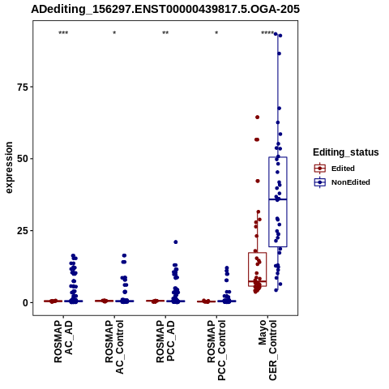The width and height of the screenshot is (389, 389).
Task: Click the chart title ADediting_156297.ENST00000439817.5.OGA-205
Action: tap(165, 10)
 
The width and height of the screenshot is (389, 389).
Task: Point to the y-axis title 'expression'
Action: tap(9, 168)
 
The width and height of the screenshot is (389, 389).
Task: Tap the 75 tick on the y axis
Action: tap(23, 87)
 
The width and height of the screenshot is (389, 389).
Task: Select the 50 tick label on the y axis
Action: tap(23, 159)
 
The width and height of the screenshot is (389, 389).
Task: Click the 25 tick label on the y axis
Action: tap(23, 231)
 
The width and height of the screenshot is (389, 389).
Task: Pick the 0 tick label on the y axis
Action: tap(26, 303)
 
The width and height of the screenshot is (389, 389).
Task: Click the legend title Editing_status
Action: tap(346, 152)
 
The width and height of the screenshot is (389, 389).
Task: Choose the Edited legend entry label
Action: tap(343, 169)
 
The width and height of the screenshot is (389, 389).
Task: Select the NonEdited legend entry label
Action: tap(351, 182)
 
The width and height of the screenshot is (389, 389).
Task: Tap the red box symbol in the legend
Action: tap(320, 169)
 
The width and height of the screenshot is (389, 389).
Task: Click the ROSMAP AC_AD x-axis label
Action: tap(63, 341)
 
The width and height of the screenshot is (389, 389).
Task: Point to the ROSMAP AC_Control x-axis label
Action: tap(114, 347)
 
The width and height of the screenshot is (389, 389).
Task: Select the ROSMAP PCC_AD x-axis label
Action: tap(165, 341)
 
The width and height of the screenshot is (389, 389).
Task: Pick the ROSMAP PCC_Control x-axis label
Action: tap(216, 350)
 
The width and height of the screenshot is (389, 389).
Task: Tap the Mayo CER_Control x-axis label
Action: tap(267, 350)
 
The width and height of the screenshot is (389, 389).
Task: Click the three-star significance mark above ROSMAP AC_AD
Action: tap(63, 33)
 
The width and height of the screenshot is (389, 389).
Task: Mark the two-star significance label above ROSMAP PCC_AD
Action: tap(165, 33)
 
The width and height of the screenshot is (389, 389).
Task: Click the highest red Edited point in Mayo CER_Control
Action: tap(258, 118)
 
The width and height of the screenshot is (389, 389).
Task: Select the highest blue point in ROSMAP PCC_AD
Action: tap(176, 242)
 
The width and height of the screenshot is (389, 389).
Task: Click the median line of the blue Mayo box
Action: tap(278, 199)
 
